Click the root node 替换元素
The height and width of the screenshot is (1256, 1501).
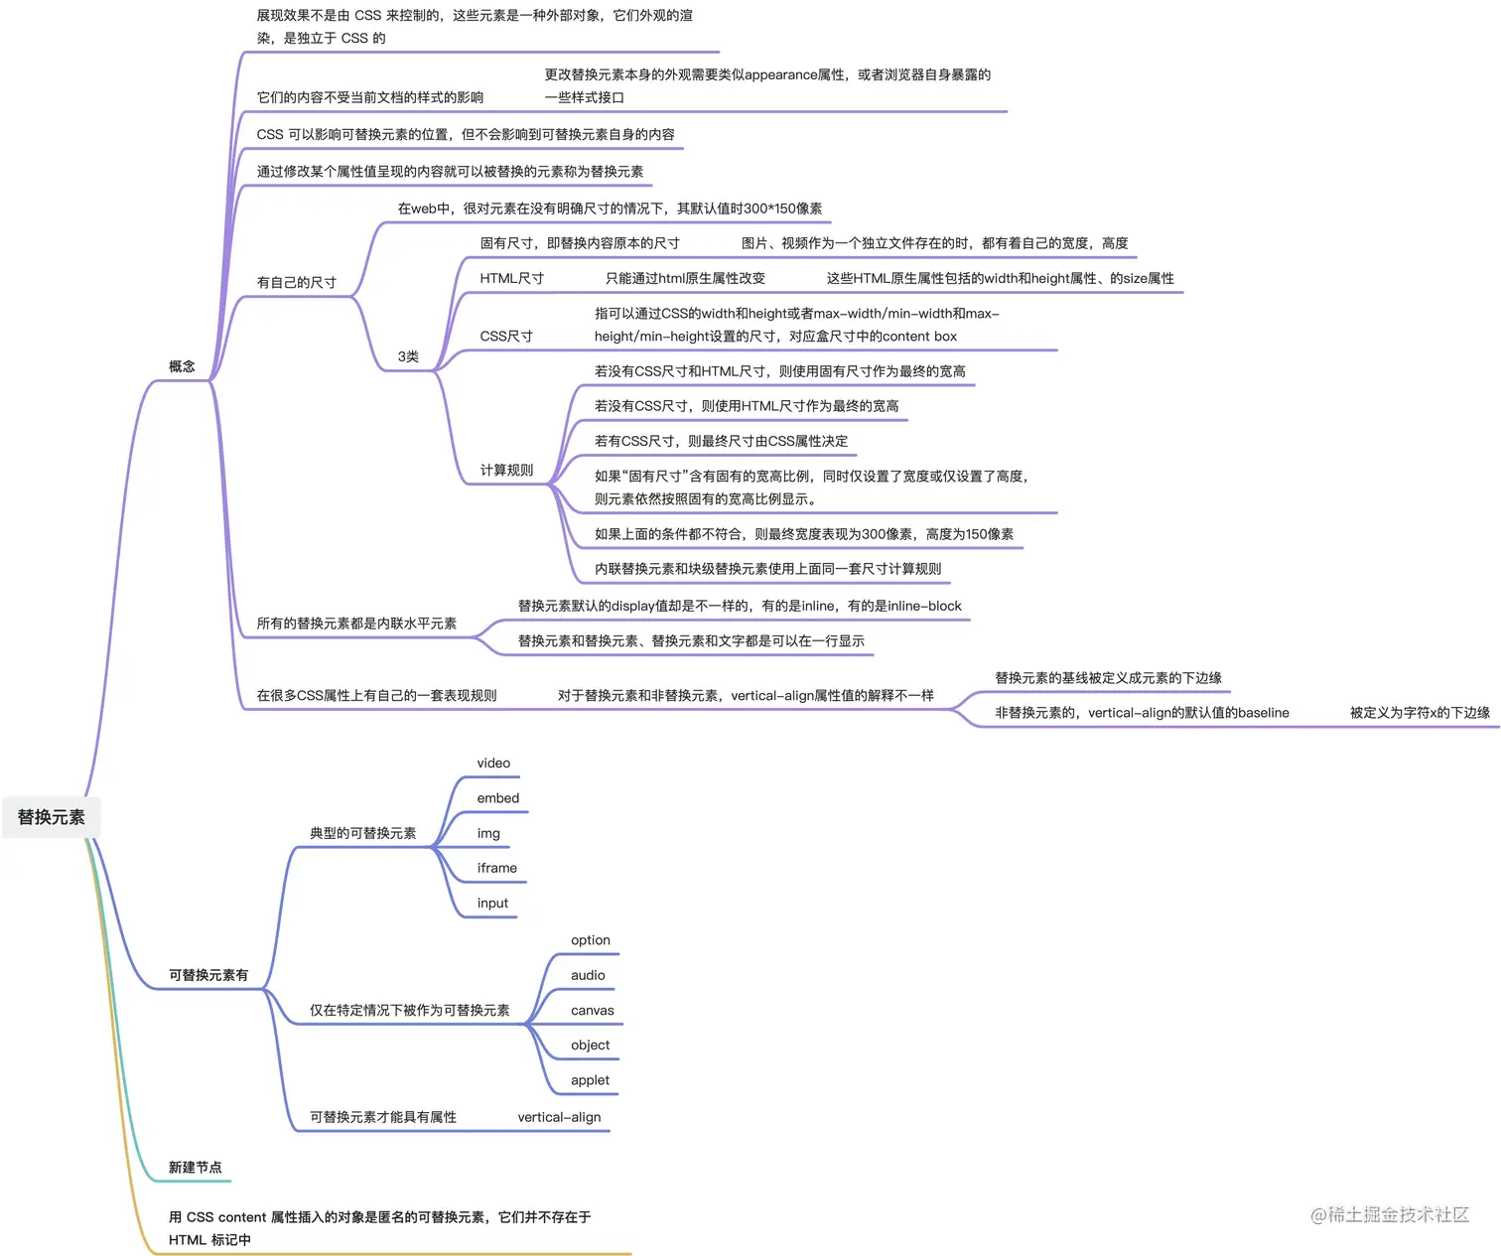tap(52, 817)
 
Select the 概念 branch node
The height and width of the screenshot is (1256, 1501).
tap(182, 366)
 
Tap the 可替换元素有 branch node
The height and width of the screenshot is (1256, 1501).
tap(208, 975)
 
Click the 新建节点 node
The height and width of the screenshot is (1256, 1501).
tap(195, 1168)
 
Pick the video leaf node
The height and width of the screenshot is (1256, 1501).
tap(493, 764)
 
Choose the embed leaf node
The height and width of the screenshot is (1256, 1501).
tap(497, 798)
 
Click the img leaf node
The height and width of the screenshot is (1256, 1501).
tap(488, 833)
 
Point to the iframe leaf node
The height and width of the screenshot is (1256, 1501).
tap(496, 868)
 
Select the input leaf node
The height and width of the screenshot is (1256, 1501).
tap(492, 904)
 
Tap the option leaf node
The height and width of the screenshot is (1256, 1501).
tap(591, 940)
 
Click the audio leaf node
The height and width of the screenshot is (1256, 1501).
tap(588, 975)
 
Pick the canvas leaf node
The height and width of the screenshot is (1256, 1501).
tap(592, 1011)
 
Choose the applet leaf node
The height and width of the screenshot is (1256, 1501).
tap(590, 1080)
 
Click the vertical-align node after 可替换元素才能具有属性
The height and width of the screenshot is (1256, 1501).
tap(559, 1117)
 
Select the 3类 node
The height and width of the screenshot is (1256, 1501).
tap(408, 356)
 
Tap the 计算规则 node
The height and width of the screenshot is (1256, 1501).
tap(506, 470)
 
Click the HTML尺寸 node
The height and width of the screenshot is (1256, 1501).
tap(511, 278)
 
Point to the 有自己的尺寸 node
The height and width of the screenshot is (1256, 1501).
tap(296, 282)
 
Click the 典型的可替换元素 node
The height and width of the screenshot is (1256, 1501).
tap(362, 833)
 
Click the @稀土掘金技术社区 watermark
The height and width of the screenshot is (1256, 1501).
tap(1389, 1214)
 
